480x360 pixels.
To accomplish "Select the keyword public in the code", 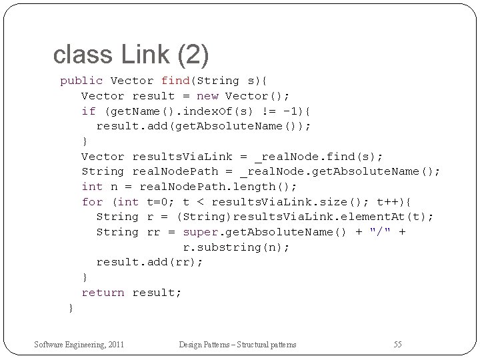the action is click(81, 81).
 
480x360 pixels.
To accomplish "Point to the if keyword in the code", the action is click(89, 111).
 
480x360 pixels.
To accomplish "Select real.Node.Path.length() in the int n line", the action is click(218, 187).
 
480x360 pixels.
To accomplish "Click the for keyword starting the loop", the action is click(92, 202).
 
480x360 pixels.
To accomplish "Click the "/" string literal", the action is click(381, 232).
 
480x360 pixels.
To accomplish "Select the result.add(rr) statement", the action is click(149, 262).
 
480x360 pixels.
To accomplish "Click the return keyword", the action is click(103, 293).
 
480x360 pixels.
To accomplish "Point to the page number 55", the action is click(397, 344).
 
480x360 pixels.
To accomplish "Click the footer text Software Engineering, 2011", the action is click(80, 344).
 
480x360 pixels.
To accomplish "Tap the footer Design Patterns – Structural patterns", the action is click(237, 344).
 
